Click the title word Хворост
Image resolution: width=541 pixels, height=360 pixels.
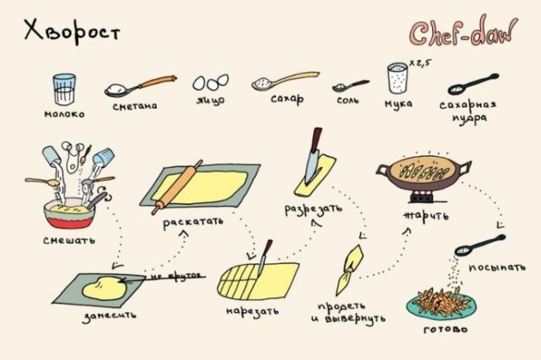click(72, 32)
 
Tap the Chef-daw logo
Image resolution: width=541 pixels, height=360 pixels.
click(463, 31)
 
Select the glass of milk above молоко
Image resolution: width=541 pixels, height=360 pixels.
click(64, 90)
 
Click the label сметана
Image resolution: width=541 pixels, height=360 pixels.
click(135, 106)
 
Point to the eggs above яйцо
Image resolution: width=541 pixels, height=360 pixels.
click(210, 83)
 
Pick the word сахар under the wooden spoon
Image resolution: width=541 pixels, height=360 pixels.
click(287, 100)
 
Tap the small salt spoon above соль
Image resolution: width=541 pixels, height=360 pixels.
click(350, 86)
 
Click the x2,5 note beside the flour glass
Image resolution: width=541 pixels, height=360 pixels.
click(420, 63)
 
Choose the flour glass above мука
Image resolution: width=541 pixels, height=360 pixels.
click(397, 78)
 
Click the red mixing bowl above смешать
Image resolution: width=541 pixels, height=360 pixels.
click(70, 214)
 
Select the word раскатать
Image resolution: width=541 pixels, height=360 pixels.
click(193, 222)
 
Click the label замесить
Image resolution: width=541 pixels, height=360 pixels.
click(109, 316)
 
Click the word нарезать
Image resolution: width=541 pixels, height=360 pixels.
click(252, 311)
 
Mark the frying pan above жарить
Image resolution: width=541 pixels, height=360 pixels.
click(424, 172)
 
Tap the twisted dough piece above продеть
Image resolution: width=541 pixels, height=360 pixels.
click(349, 270)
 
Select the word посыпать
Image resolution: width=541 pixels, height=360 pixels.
click(497, 267)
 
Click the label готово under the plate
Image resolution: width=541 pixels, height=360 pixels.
click(445, 329)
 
